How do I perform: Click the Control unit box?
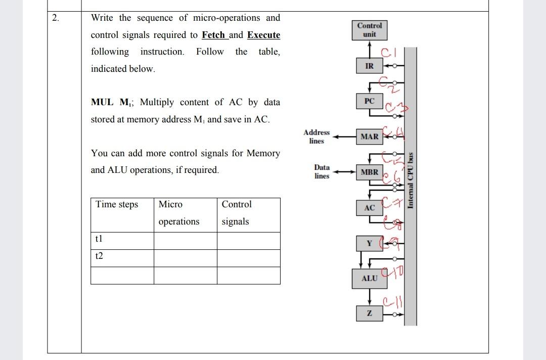(370, 30)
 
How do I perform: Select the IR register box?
(370, 66)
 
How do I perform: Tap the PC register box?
(370, 101)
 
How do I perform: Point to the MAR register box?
(370, 137)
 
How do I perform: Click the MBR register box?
(370, 172)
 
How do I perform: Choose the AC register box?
(370, 208)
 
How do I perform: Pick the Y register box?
(370, 244)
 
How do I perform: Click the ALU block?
(370, 278)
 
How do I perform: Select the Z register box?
(370, 313)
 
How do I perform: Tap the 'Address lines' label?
(316, 137)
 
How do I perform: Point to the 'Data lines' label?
(322, 171)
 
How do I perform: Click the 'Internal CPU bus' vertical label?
(411, 179)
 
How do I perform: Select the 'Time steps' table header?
(117, 204)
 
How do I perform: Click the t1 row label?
(99, 238)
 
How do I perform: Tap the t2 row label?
(99, 256)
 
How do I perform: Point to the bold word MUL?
(103, 102)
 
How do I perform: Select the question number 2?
(55, 19)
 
